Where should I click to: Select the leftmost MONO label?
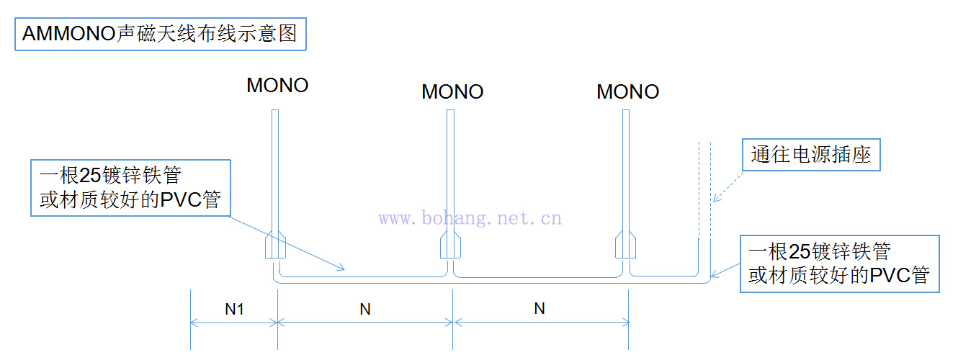(277, 85)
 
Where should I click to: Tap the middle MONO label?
(452, 92)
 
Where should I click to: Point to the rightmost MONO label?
(627, 92)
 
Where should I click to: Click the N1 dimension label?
(235, 310)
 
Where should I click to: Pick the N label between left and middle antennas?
(365, 310)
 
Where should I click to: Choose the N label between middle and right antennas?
(540, 309)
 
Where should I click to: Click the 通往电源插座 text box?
(811, 155)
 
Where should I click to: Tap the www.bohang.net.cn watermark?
(470, 218)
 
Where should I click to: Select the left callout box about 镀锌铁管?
(135, 187)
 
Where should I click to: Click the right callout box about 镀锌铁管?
(839, 263)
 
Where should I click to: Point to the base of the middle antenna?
(451, 246)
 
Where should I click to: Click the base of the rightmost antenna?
(626, 246)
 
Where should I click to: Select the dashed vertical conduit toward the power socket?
(704, 187)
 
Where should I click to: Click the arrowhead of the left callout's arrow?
(344, 269)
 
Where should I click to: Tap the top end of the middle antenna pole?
(451, 112)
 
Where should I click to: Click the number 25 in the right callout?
(799, 251)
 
